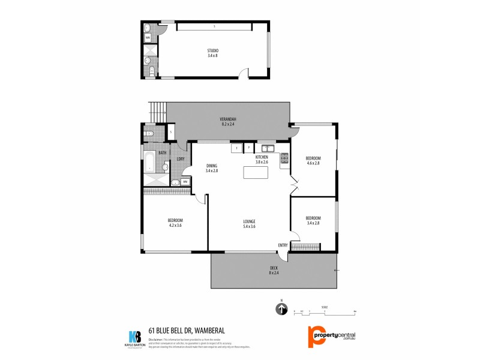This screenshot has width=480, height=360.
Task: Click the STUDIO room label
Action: tap(213, 50)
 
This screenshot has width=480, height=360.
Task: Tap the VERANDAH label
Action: tap(227, 119)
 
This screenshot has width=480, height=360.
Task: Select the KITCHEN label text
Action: tap(261, 157)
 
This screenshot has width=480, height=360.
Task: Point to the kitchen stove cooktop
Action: tap(284, 158)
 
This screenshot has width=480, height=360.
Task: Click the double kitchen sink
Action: tap(267, 148)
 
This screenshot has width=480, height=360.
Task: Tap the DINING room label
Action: tap(211, 166)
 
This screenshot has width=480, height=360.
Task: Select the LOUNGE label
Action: tap(249, 221)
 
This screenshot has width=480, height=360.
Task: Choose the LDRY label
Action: tap(180, 159)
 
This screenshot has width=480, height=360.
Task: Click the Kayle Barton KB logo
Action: tap(134, 338)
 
